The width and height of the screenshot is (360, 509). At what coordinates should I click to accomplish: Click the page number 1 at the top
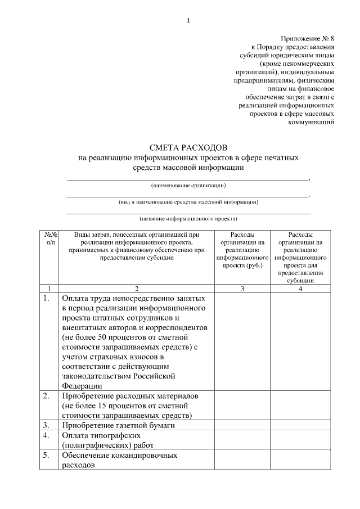188,21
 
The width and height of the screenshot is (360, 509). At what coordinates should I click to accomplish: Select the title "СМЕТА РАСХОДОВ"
188,148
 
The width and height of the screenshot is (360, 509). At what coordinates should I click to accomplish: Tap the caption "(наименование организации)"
188,185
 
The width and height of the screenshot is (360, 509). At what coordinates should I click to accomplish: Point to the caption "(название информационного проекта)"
188,218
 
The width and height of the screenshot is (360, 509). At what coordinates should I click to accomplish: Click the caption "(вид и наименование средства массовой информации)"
188,201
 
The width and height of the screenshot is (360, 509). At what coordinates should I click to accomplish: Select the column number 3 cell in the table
242,288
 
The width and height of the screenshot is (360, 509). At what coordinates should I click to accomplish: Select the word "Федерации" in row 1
82,386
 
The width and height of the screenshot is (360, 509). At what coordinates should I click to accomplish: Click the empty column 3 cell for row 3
242,426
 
